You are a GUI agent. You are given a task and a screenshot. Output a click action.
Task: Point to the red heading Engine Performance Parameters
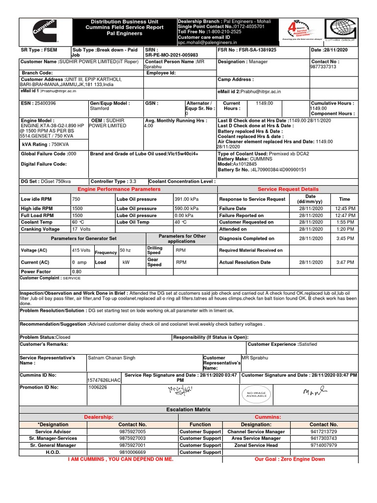pyautogui.click(x=119, y=189)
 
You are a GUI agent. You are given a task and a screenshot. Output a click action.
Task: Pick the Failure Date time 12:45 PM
pyautogui.click(x=345, y=208)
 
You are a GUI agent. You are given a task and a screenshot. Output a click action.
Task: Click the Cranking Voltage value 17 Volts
pyautogui.click(x=81, y=229)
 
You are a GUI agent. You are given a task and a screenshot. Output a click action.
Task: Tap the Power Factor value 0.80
pyautogui.click(x=77, y=271)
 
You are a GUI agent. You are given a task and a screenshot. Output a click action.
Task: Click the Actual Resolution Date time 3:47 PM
pyautogui.click(x=345, y=262)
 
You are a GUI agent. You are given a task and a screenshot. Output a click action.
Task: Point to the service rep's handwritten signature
pyautogui.click(x=181, y=391)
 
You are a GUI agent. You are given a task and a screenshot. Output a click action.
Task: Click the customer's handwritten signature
pyautogui.click(x=314, y=392)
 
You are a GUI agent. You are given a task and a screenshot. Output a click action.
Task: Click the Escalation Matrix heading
pyautogui.click(x=188, y=409)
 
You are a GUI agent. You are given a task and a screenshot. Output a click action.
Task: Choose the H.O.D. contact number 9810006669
pyautogui.click(x=132, y=452)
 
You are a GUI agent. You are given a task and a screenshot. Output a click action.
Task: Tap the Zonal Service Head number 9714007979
pyautogui.click(x=323, y=445)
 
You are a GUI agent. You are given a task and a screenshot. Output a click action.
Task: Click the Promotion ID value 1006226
pyautogui.click(x=97, y=387)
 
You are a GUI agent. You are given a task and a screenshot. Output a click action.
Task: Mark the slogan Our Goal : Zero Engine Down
pyautogui.click(x=290, y=459)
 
